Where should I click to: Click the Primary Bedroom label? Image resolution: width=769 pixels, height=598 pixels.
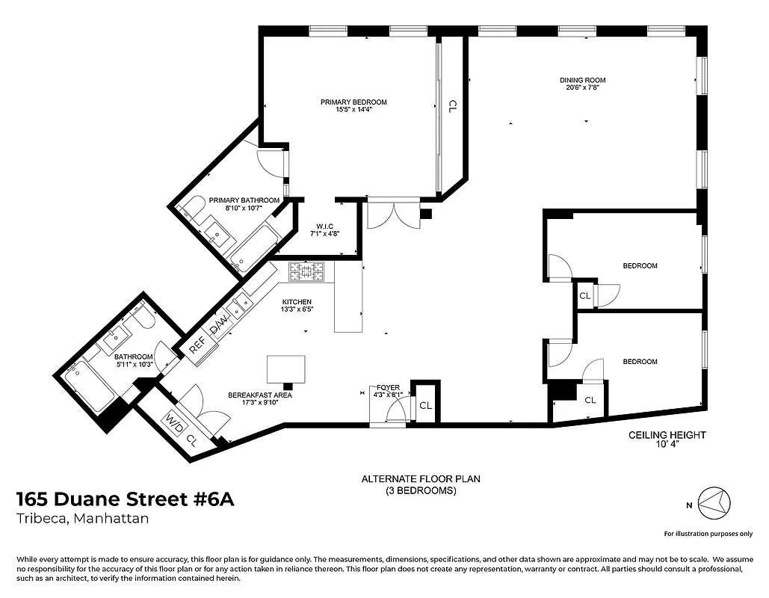pyautogui.click(x=353, y=102)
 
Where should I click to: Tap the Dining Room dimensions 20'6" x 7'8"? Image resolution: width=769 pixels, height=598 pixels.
pyautogui.click(x=583, y=87)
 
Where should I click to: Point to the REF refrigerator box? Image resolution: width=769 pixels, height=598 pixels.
pyautogui.click(x=198, y=348)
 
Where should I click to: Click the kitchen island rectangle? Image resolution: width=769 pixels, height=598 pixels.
pyautogui.click(x=286, y=369)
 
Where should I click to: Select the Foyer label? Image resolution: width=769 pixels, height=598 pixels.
pyautogui.click(x=389, y=388)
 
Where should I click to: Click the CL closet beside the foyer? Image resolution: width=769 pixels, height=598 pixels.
pyautogui.click(x=425, y=406)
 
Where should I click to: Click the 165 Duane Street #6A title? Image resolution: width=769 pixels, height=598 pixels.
pyautogui.click(x=126, y=499)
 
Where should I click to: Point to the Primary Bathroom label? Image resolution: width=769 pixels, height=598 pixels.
pyautogui.click(x=244, y=200)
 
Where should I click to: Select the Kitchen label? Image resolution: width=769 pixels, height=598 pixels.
pyautogui.click(x=297, y=302)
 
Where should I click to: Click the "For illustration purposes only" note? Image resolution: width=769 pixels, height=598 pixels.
pyautogui.click(x=708, y=534)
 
